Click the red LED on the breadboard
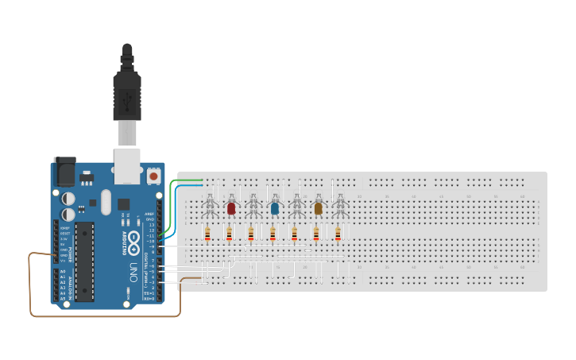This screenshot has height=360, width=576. (x=231, y=208)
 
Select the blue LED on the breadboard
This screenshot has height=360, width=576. (x=275, y=208)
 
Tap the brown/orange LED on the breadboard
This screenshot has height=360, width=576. (x=319, y=208)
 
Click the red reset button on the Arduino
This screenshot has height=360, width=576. (x=153, y=175)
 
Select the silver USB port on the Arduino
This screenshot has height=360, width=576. (x=128, y=163)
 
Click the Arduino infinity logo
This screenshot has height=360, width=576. (x=134, y=238)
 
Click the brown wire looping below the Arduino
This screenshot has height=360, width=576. (x=95, y=315)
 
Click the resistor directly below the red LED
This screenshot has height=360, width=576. (x=230, y=234)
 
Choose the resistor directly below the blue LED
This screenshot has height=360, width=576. (x=273, y=234)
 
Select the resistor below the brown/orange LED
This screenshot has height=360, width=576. (x=316, y=234)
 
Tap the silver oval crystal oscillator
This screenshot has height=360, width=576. (x=106, y=201)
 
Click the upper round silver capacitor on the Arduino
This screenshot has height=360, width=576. (x=69, y=197)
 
